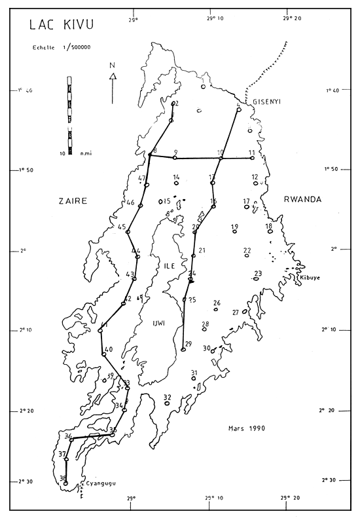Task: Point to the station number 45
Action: (122, 227)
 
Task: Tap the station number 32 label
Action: (167, 397)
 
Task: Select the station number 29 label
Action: (189, 344)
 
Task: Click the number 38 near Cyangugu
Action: (63, 478)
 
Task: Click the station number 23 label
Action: (257, 273)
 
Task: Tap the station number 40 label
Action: (109, 349)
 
